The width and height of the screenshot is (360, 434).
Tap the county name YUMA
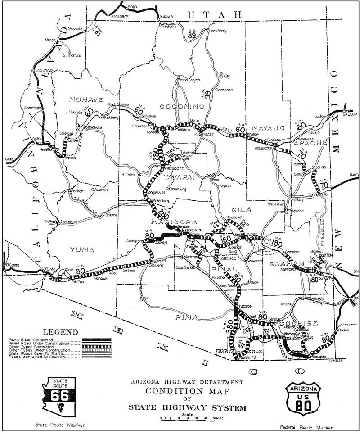tap(82, 249)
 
